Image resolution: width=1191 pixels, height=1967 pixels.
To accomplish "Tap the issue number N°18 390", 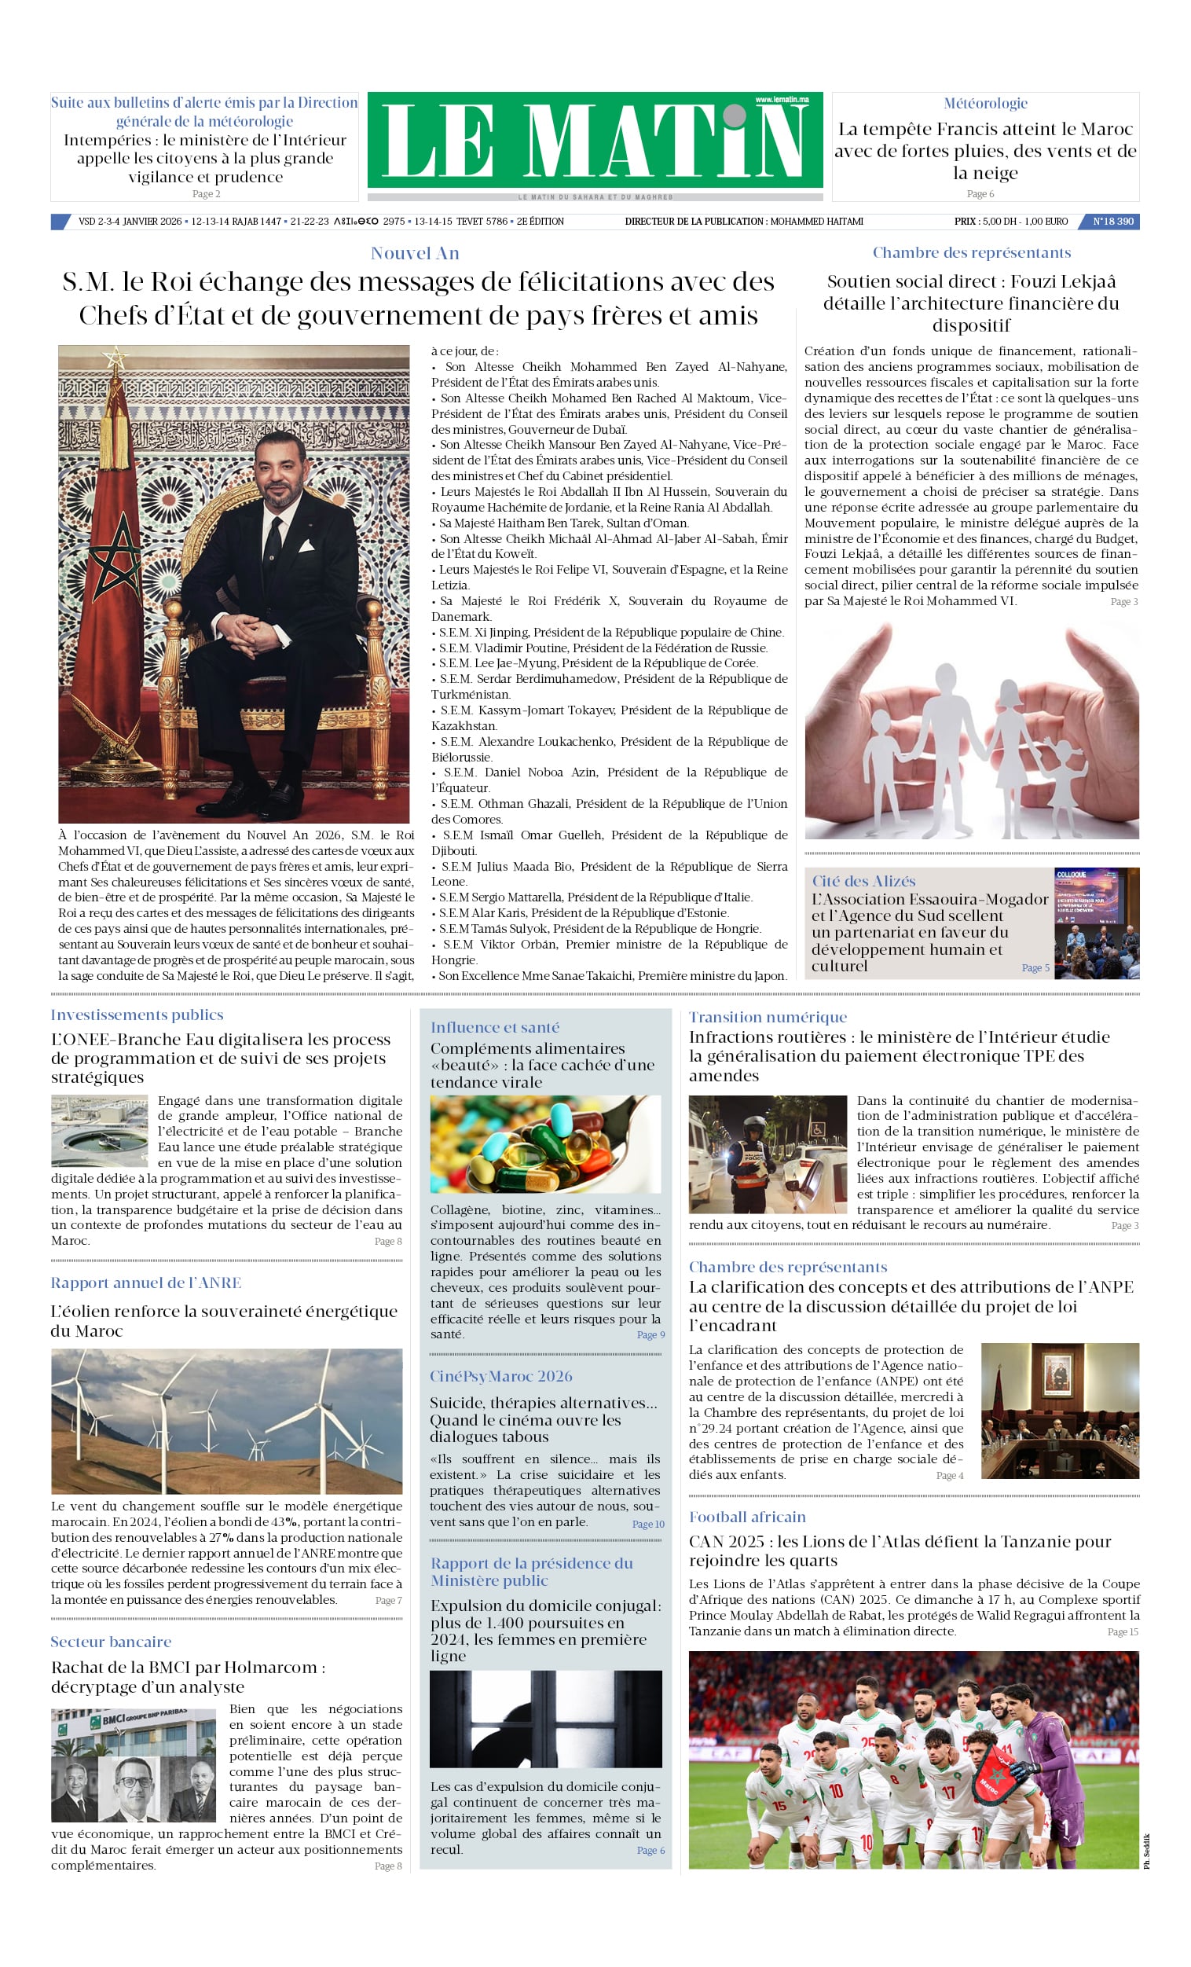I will click(x=1112, y=221).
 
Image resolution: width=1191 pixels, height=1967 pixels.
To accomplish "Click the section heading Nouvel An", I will click(x=414, y=253).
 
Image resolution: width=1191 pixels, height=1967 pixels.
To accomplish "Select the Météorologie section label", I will click(x=985, y=103).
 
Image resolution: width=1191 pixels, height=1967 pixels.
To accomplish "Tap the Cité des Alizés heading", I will click(x=863, y=880).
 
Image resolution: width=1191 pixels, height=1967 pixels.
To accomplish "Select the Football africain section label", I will click(x=747, y=1517).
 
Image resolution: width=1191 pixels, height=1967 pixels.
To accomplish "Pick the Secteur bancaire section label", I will click(x=111, y=1642).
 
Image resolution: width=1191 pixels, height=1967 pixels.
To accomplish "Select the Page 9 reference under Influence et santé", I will click(x=650, y=1334).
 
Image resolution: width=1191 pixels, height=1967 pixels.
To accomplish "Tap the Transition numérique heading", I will click(x=768, y=1017).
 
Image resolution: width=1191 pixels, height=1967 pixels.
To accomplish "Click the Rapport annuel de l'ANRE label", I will click(x=146, y=1283).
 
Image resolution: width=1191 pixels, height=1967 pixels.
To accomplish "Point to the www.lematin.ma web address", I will click(x=782, y=100).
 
